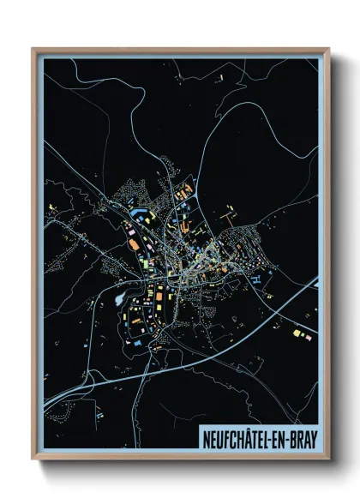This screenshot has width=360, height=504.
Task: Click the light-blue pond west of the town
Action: pos(116,302)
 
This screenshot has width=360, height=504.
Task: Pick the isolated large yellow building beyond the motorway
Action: pos(297,332)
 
